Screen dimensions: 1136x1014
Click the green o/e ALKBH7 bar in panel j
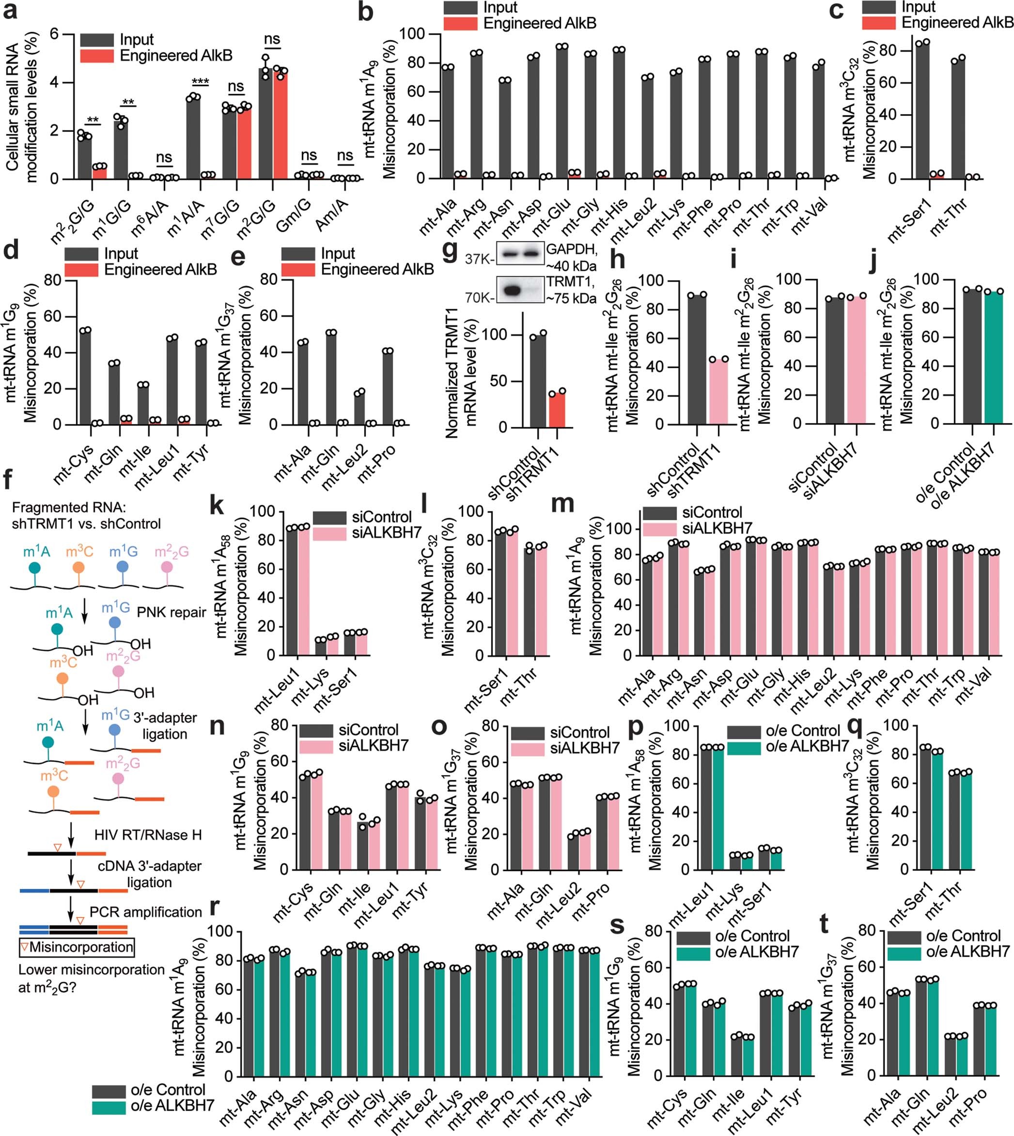point(993,356)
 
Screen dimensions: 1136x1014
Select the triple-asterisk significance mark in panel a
point(200,82)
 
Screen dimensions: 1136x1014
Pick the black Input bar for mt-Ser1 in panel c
point(922,111)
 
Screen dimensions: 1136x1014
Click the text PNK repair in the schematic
point(171,613)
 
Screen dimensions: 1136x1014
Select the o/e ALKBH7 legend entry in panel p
point(807,746)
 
